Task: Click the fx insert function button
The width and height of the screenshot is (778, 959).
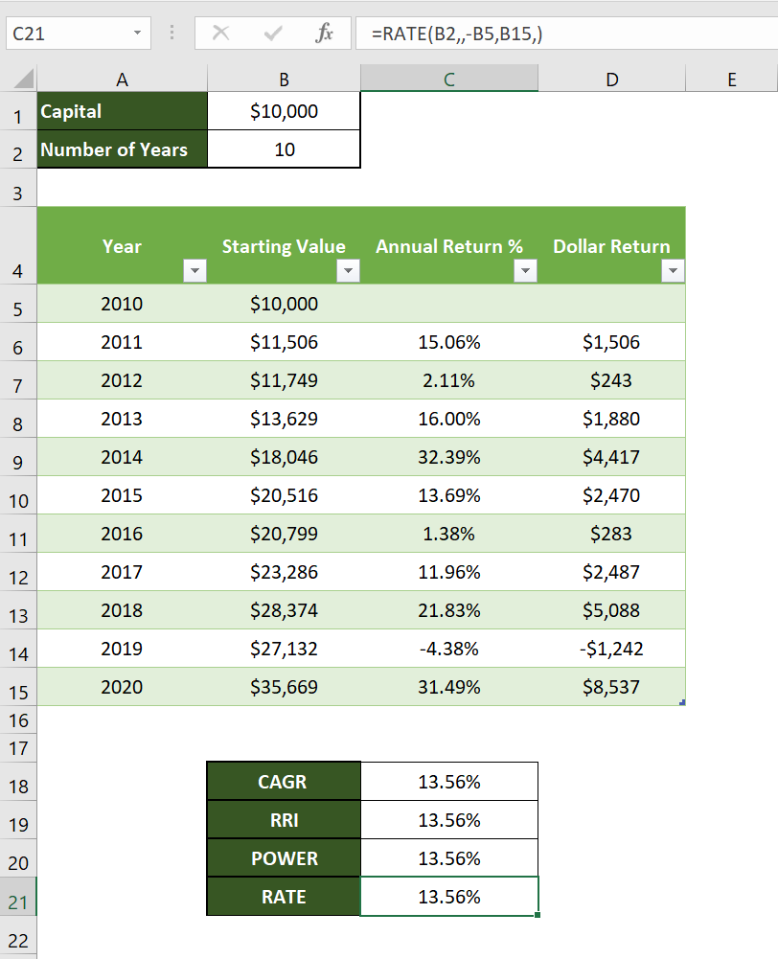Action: (325, 34)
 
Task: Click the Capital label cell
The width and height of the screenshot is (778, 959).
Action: (122, 111)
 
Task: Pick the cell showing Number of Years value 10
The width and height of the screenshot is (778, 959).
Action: (284, 149)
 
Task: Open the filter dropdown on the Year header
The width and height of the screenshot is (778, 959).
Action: (194, 272)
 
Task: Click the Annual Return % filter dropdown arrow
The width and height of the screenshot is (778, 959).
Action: (524, 272)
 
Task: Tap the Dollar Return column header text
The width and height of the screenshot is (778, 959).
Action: (611, 246)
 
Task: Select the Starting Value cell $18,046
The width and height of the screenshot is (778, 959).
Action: (284, 457)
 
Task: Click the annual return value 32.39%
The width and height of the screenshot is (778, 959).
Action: (449, 457)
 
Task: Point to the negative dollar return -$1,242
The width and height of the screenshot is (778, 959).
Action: (611, 649)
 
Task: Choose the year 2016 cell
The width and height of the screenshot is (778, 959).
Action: (122, 534)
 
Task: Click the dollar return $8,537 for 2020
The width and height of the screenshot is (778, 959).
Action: (611, 687)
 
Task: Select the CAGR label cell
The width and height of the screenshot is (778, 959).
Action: (283, 782)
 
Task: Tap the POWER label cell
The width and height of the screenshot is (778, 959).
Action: (284, 858)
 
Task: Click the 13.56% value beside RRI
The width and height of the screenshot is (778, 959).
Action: (449, 820)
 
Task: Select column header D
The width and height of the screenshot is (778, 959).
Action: (611, 80)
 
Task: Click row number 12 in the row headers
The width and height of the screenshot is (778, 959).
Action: (18, 577)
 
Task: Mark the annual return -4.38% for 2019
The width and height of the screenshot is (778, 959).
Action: (449, 649)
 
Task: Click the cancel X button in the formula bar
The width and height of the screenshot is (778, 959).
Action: (220, 34)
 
